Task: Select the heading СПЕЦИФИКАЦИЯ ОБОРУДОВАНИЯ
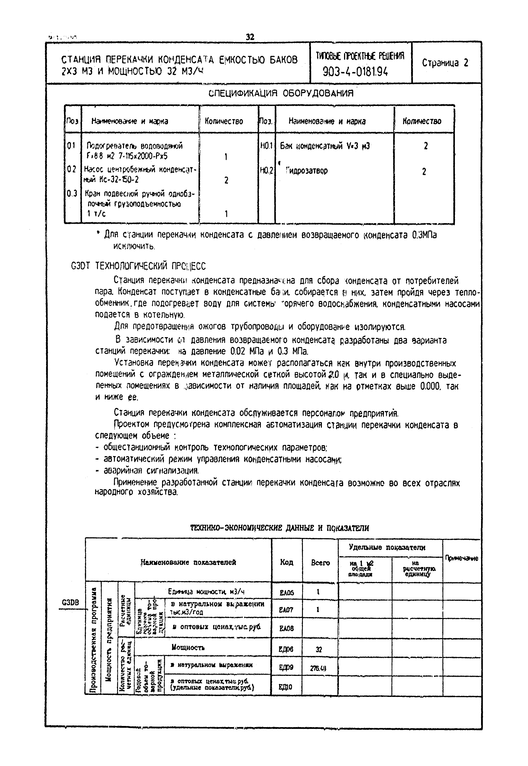click(x=281, y=94)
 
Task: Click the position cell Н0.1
click(x=266, y=146)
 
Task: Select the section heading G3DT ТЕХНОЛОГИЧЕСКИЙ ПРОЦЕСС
click(x=138, y=266)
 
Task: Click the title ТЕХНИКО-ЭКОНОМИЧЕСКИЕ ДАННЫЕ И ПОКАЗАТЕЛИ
click(x=280, y=528)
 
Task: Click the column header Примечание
click(x=462, y=559)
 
